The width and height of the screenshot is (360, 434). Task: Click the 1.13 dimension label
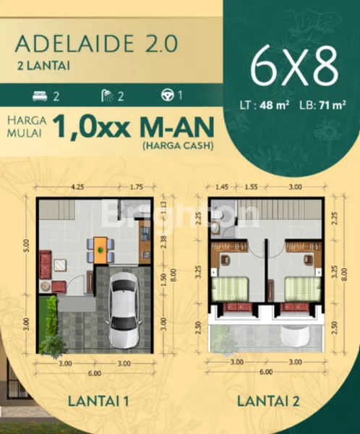[164, 210]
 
